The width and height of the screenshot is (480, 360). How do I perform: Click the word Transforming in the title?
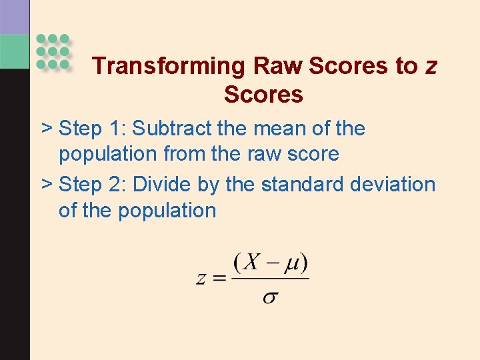(169, 66)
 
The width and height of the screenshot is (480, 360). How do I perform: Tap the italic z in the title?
(431, 66)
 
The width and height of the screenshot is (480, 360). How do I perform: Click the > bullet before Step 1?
(47, 128)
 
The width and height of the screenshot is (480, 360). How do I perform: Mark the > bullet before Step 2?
(47, 184)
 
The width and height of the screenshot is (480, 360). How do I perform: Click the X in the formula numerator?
(251, 262)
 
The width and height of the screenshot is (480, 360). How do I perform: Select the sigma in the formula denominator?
(270, 297)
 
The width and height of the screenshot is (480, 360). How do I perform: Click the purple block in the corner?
(15, 17)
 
